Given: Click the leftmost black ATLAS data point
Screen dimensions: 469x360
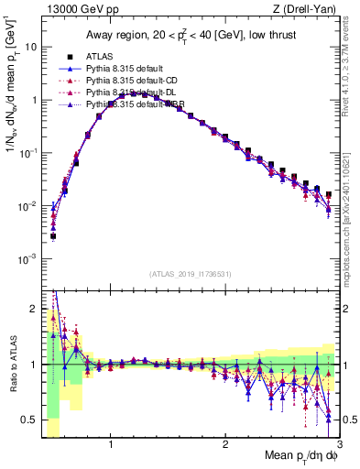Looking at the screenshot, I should [x=53, y=235].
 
